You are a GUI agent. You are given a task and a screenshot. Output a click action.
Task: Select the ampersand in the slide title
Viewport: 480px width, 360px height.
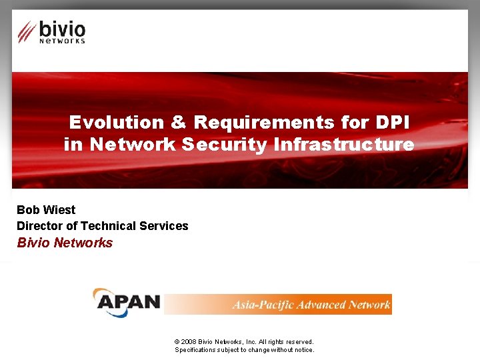(178, 123)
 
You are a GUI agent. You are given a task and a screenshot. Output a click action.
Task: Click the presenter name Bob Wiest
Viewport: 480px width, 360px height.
(46, 210)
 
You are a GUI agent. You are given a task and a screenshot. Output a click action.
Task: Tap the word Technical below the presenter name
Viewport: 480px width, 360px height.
(109, 226)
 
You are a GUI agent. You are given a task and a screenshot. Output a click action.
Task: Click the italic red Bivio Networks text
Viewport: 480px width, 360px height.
(65, 243)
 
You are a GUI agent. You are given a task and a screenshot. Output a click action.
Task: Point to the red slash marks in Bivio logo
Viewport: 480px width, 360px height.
(27, 31)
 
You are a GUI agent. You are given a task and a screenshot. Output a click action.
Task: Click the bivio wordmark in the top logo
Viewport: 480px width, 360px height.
(62, 29)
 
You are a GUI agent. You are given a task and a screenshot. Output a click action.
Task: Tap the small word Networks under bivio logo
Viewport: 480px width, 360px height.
(62, 41)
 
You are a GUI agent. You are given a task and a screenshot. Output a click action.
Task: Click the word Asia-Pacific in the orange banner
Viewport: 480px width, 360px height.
(259, 305)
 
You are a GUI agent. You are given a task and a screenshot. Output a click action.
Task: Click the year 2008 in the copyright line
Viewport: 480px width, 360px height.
(189, 341)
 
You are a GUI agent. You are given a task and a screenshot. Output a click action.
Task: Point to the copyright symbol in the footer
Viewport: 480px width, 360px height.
(177, 341)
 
